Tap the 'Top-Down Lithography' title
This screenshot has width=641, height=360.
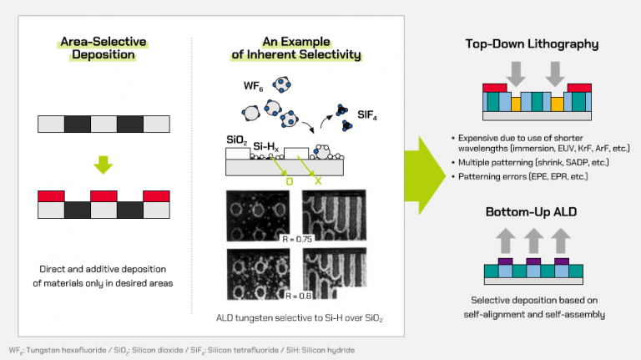tap(530, 43)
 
